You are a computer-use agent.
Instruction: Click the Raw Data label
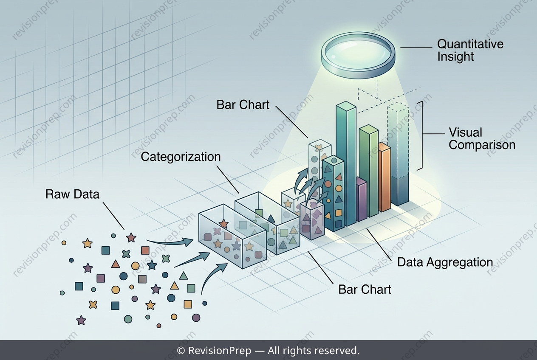[x=72, y=194]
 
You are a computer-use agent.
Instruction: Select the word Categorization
[x=181, y=157]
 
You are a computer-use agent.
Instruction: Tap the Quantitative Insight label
[x=470, y=50]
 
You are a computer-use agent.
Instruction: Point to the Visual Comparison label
[x=482, y=139]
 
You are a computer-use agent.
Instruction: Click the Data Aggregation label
[x=445, y=262]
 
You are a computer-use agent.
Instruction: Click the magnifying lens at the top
[x=358, y=55]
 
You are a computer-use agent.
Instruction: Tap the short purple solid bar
[x=361, y=199]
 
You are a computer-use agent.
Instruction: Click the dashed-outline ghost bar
[x=398, y=153]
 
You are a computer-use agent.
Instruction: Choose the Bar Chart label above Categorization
[x=243, y=105]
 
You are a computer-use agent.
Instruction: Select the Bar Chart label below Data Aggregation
[x=365, y=290]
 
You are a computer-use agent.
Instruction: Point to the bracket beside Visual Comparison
[x=420, y=136]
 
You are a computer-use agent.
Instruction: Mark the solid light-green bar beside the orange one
[x=369, y=171]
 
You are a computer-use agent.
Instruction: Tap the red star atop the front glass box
[x=223, y=223]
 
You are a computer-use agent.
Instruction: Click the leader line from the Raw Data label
[x=113, y=216]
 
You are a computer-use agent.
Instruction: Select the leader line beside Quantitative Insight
[x=416, y=48]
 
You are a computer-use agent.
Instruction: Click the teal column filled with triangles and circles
[x=333, y=194]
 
